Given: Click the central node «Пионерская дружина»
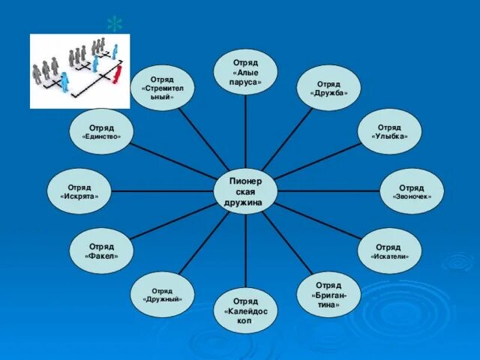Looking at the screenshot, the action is click(x=245, y=191).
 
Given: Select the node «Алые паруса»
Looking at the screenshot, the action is click(x=245, y=73).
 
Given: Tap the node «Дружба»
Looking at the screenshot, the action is click(x=328, y=88).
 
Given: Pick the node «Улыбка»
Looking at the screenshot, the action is click(x=389, y=131).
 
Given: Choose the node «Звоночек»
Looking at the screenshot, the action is click(x=412, y=191).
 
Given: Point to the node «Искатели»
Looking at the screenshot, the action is click(x=389, y=251).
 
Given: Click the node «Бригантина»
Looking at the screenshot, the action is click(x=328, y=295).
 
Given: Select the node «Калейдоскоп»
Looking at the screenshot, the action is click(x=245, y=310).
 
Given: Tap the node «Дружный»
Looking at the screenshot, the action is click(x=162, y=295).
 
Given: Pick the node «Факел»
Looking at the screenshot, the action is click(x=101, y=251).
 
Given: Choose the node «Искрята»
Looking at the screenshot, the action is click(x=79, y=191).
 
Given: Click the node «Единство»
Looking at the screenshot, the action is click(x=101, y=131).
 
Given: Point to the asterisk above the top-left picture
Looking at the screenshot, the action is click(x=114, y=24).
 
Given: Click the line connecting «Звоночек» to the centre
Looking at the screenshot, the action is click(x=328, y=191).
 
